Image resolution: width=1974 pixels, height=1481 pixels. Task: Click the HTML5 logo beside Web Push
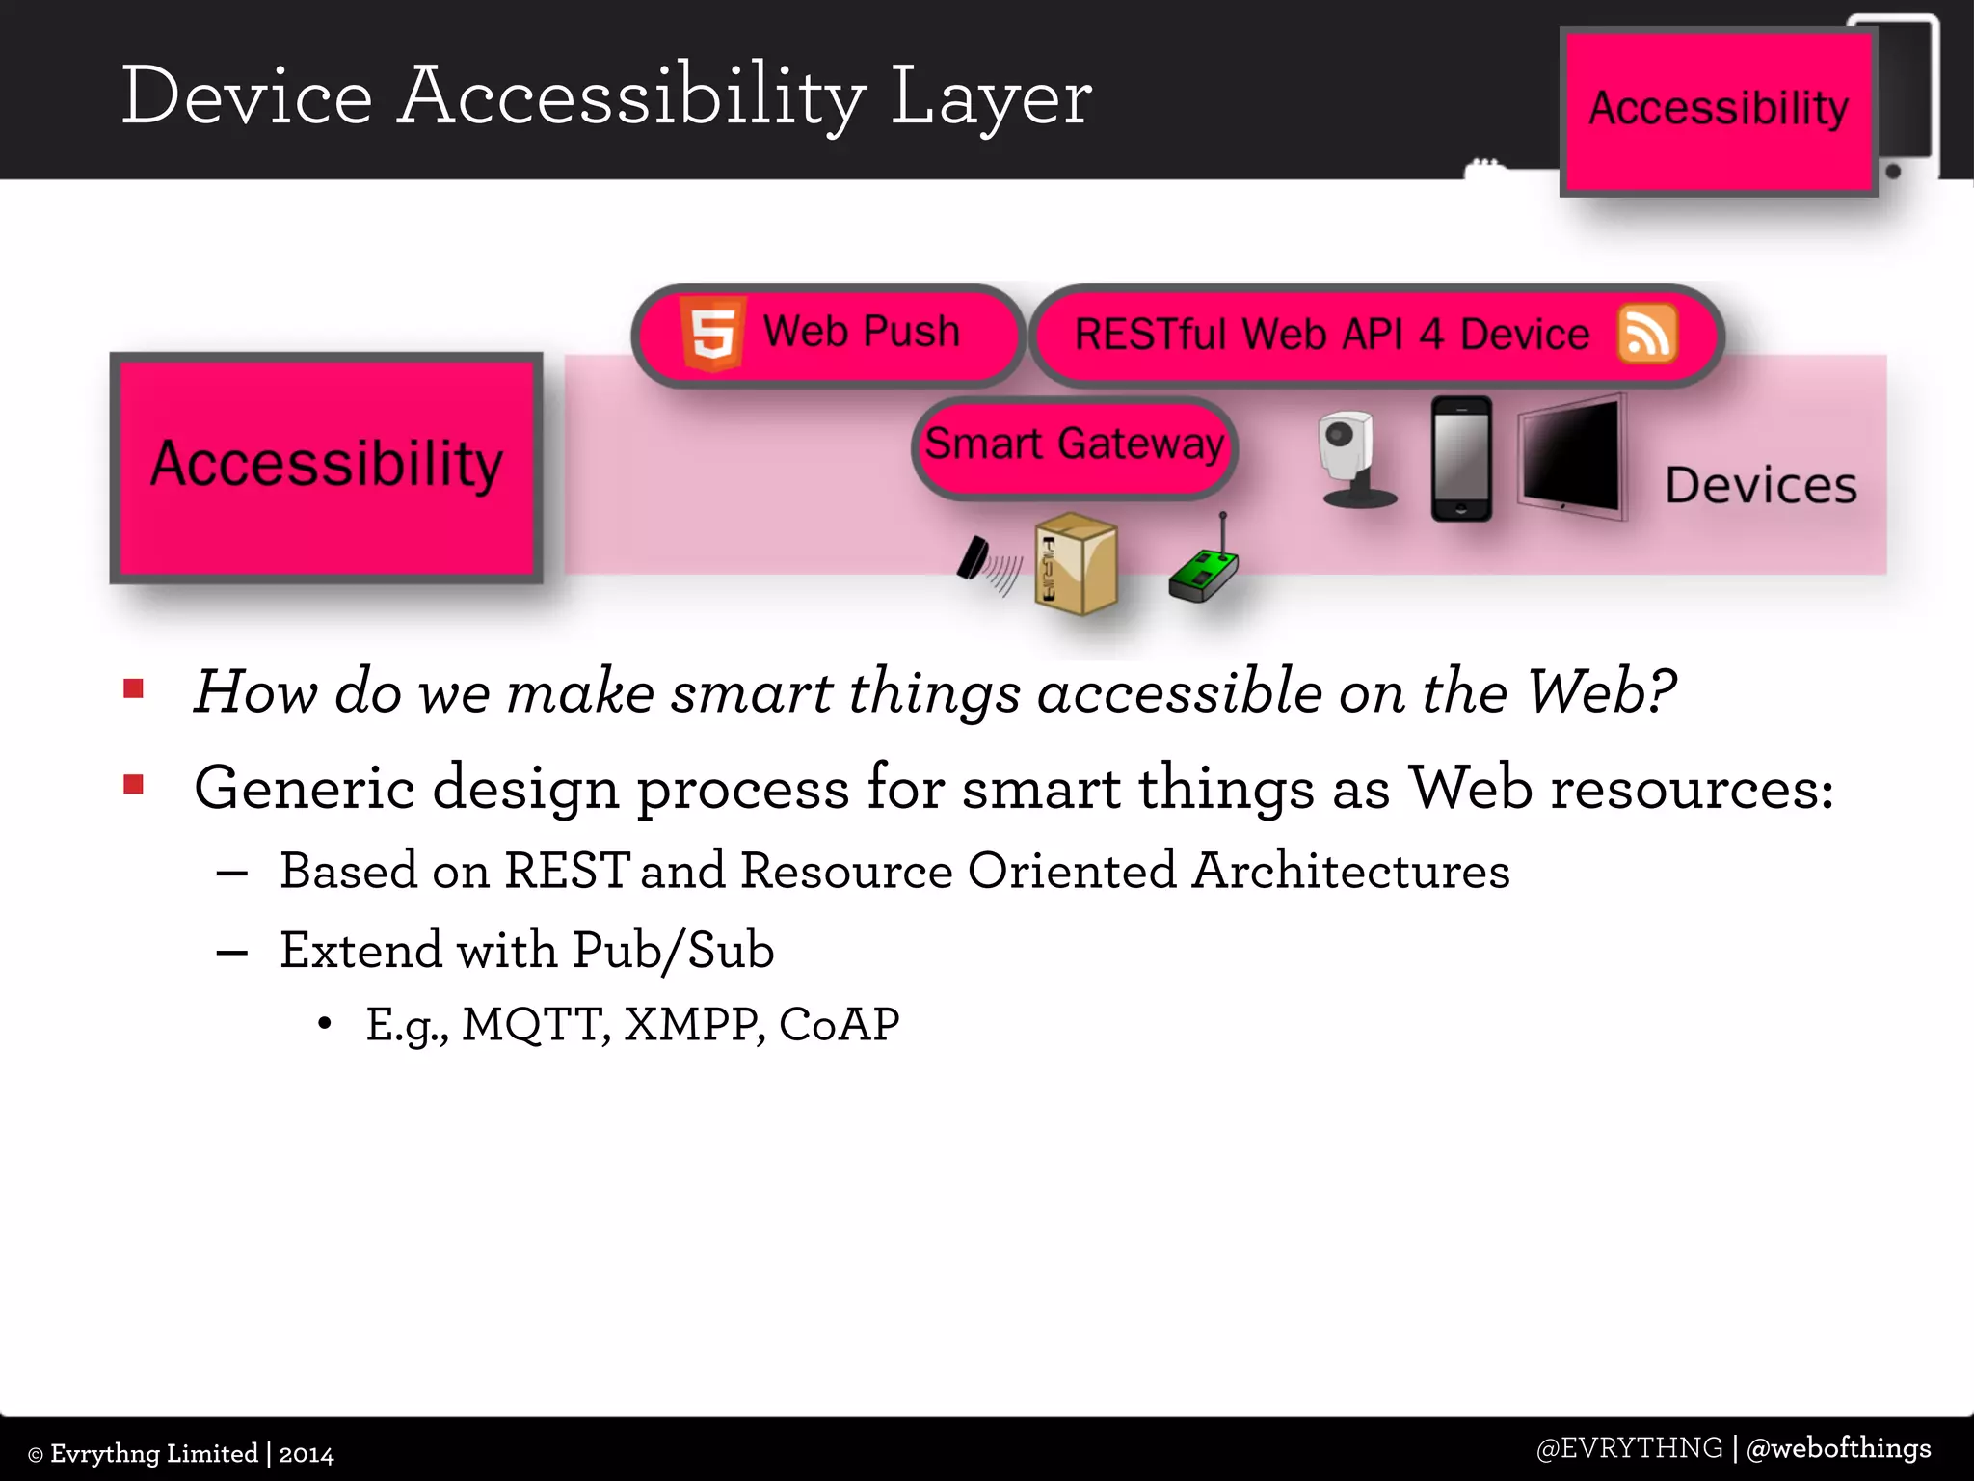coord(712,334)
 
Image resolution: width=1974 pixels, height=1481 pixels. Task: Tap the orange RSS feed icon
coord(1646,335)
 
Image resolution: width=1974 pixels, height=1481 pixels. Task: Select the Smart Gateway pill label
coord(1074,445)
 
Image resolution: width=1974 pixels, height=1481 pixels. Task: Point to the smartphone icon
coord(1460,459)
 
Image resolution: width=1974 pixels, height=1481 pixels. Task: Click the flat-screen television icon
coord(1570,455)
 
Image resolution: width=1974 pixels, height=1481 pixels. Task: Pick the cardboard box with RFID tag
coord(1076,563)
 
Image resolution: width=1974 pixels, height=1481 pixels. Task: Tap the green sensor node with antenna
coord(1204,567)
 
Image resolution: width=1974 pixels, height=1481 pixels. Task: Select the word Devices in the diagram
coord(1760,485)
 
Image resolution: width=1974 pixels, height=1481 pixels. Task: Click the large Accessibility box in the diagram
coord(327,467)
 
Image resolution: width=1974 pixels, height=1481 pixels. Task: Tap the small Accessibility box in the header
coord(1718,110)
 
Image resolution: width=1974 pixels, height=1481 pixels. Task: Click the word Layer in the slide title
coord(990,97)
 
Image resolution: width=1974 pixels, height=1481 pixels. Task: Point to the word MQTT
coord(535,1024)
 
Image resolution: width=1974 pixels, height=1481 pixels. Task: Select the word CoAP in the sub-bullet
coord(839,1024)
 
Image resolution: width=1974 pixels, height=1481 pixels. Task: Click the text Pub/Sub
coord(673,951)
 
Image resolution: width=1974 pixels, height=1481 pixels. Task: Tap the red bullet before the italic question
coord(134,688)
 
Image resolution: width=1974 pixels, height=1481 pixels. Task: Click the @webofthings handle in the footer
coord(1838,1448)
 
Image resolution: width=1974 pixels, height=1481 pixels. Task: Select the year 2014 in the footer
coord(306,1454)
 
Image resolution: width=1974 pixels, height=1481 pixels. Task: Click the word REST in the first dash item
coord(567,871)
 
